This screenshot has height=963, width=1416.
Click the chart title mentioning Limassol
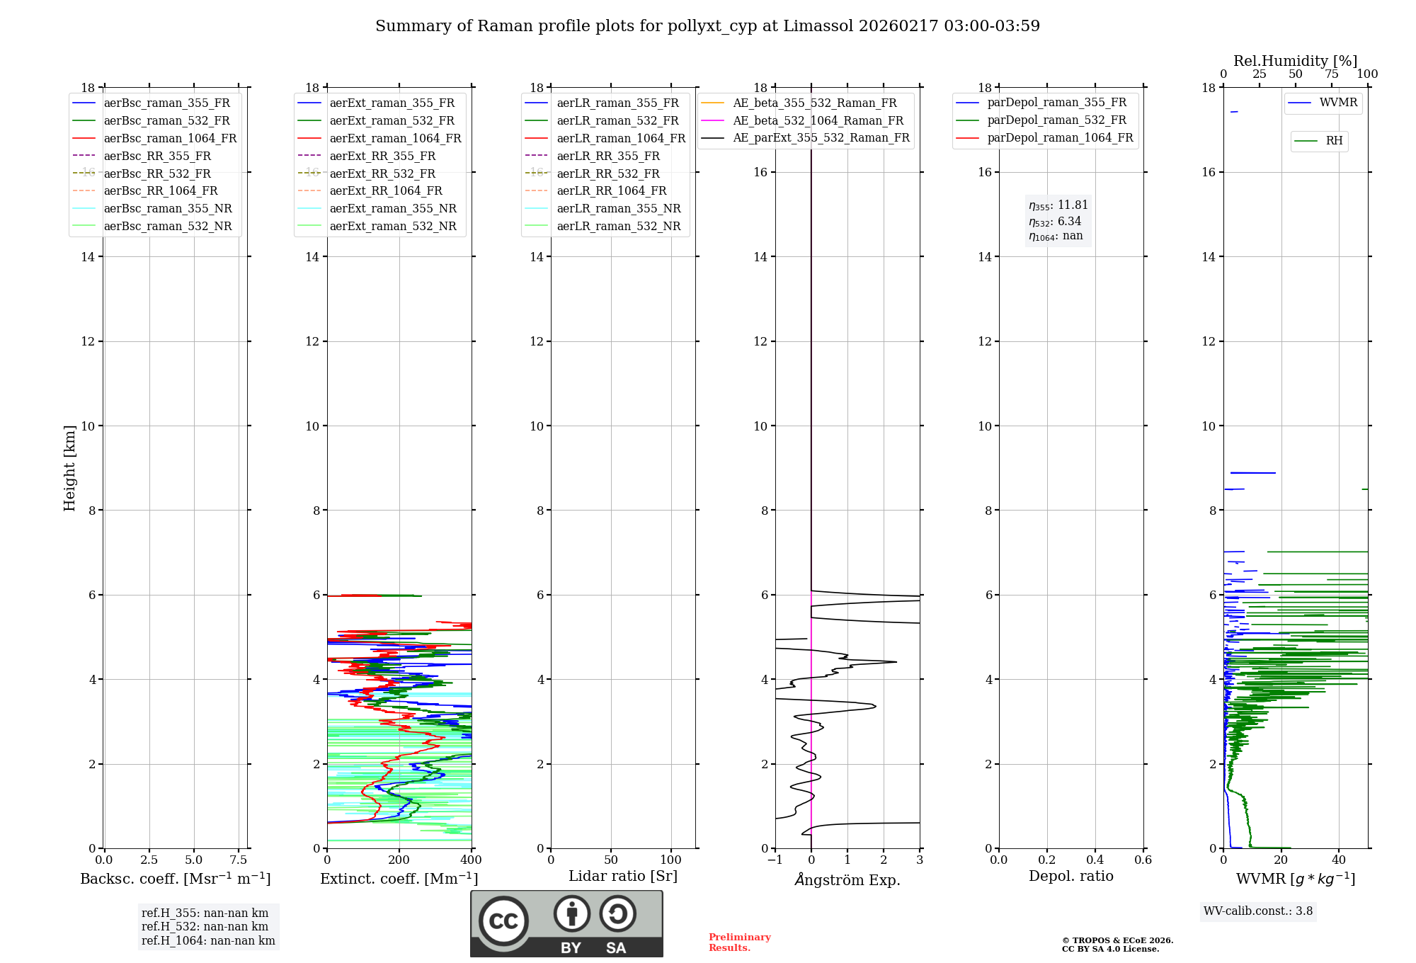707,26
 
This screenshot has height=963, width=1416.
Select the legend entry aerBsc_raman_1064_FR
170,138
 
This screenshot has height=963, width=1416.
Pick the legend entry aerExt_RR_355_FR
382,156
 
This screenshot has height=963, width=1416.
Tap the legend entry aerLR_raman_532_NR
618,226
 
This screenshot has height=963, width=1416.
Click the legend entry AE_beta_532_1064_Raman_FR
818,120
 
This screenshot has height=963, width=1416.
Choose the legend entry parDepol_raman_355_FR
1056,103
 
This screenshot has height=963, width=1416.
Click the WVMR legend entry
1338,103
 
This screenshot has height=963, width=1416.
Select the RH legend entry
1334,141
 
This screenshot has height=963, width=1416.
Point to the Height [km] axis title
69,468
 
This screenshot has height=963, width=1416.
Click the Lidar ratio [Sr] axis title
623,876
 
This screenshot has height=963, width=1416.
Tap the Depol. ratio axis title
1070,876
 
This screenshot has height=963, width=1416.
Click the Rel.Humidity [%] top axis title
1295,61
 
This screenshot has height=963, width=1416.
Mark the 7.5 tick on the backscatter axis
239,860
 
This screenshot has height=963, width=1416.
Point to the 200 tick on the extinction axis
399,860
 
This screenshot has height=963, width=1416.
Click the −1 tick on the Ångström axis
775,860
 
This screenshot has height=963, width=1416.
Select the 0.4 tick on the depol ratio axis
1095,860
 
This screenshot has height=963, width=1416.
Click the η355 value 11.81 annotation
1058,205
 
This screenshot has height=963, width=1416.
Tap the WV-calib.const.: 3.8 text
1258,911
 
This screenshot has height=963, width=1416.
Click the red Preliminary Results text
739,942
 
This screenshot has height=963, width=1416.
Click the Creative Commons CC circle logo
503,921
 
